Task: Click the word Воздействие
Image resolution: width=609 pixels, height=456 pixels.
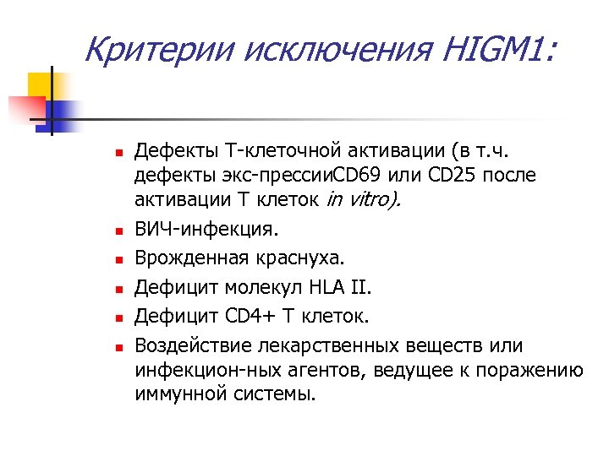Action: pyautogui.click(x=191, y=345)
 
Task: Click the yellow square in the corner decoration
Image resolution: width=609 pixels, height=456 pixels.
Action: pyautogui.click(x=41, y=85)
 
